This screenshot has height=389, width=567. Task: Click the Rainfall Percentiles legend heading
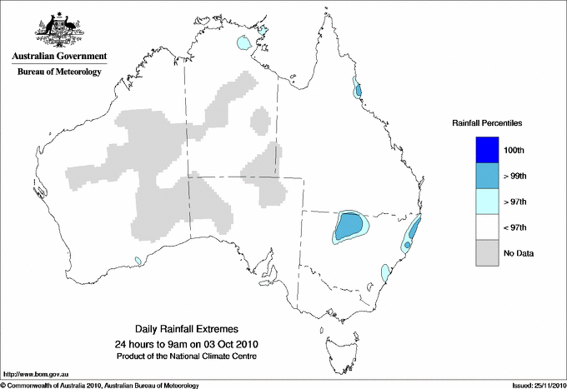487,123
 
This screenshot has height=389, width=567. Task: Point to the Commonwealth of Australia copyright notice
100,385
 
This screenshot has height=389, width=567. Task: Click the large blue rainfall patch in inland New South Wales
349,225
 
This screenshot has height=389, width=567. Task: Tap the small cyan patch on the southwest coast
138,262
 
